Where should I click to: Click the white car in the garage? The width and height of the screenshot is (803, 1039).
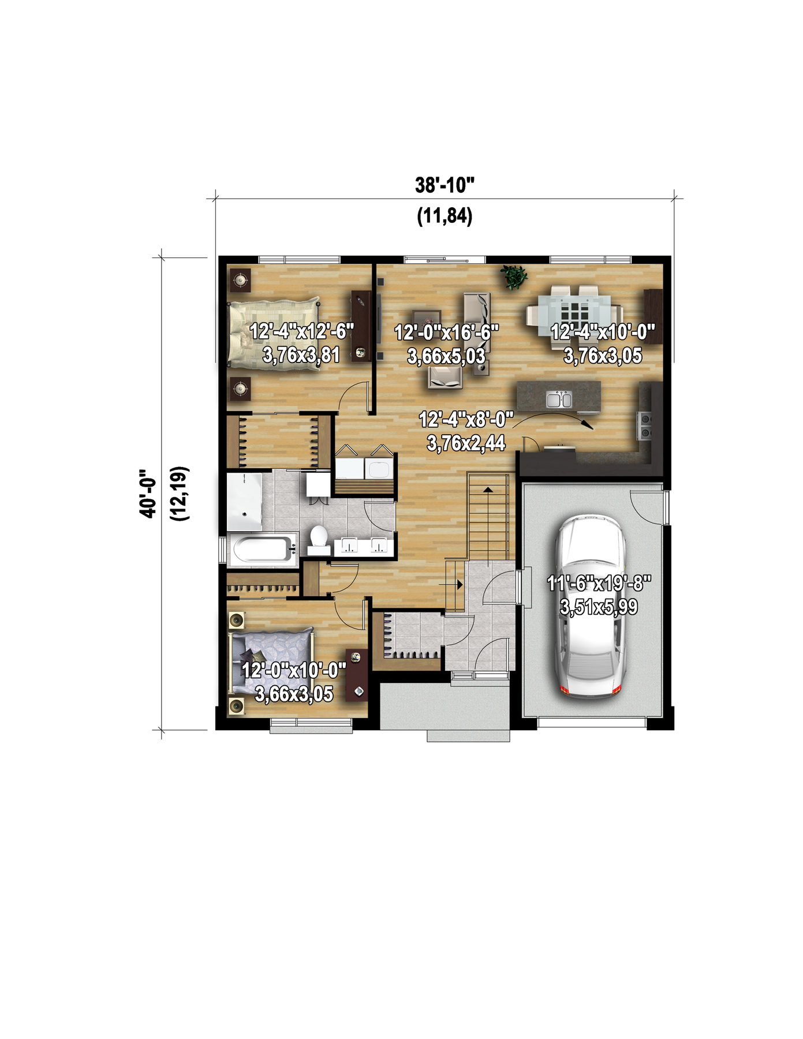click(x=589, y=607)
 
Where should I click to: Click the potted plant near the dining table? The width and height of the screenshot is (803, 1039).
click(x=513, y=277)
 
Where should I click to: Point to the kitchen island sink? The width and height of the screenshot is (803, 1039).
click(x=558, y=399)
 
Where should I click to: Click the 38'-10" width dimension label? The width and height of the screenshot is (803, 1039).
click(x=445, y=185)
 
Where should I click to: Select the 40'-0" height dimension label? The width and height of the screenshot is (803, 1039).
click(x=148, y=493)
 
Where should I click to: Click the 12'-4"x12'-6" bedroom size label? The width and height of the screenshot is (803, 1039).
click(x=301, y=331)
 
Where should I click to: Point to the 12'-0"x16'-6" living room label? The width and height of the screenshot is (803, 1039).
click(x=446, y=333)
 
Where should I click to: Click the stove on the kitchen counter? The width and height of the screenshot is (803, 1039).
click(x=644, y=425)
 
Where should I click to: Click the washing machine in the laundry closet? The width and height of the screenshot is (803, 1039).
click(x=380, y=468)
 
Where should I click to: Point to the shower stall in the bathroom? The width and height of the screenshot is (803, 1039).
click(x=244, y=502)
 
